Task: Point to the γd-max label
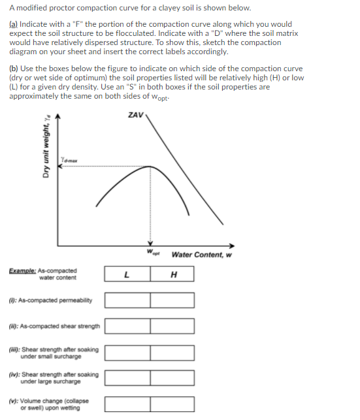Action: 70,160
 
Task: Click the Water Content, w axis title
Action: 201,255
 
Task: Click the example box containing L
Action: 127,274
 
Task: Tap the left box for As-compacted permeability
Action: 127,300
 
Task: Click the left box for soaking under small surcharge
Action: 127,352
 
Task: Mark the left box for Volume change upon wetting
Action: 127,404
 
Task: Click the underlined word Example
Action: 22,270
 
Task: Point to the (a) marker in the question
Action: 14,24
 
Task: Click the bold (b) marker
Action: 14,69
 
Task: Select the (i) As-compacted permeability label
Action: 51,300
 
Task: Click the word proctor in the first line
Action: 64,8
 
